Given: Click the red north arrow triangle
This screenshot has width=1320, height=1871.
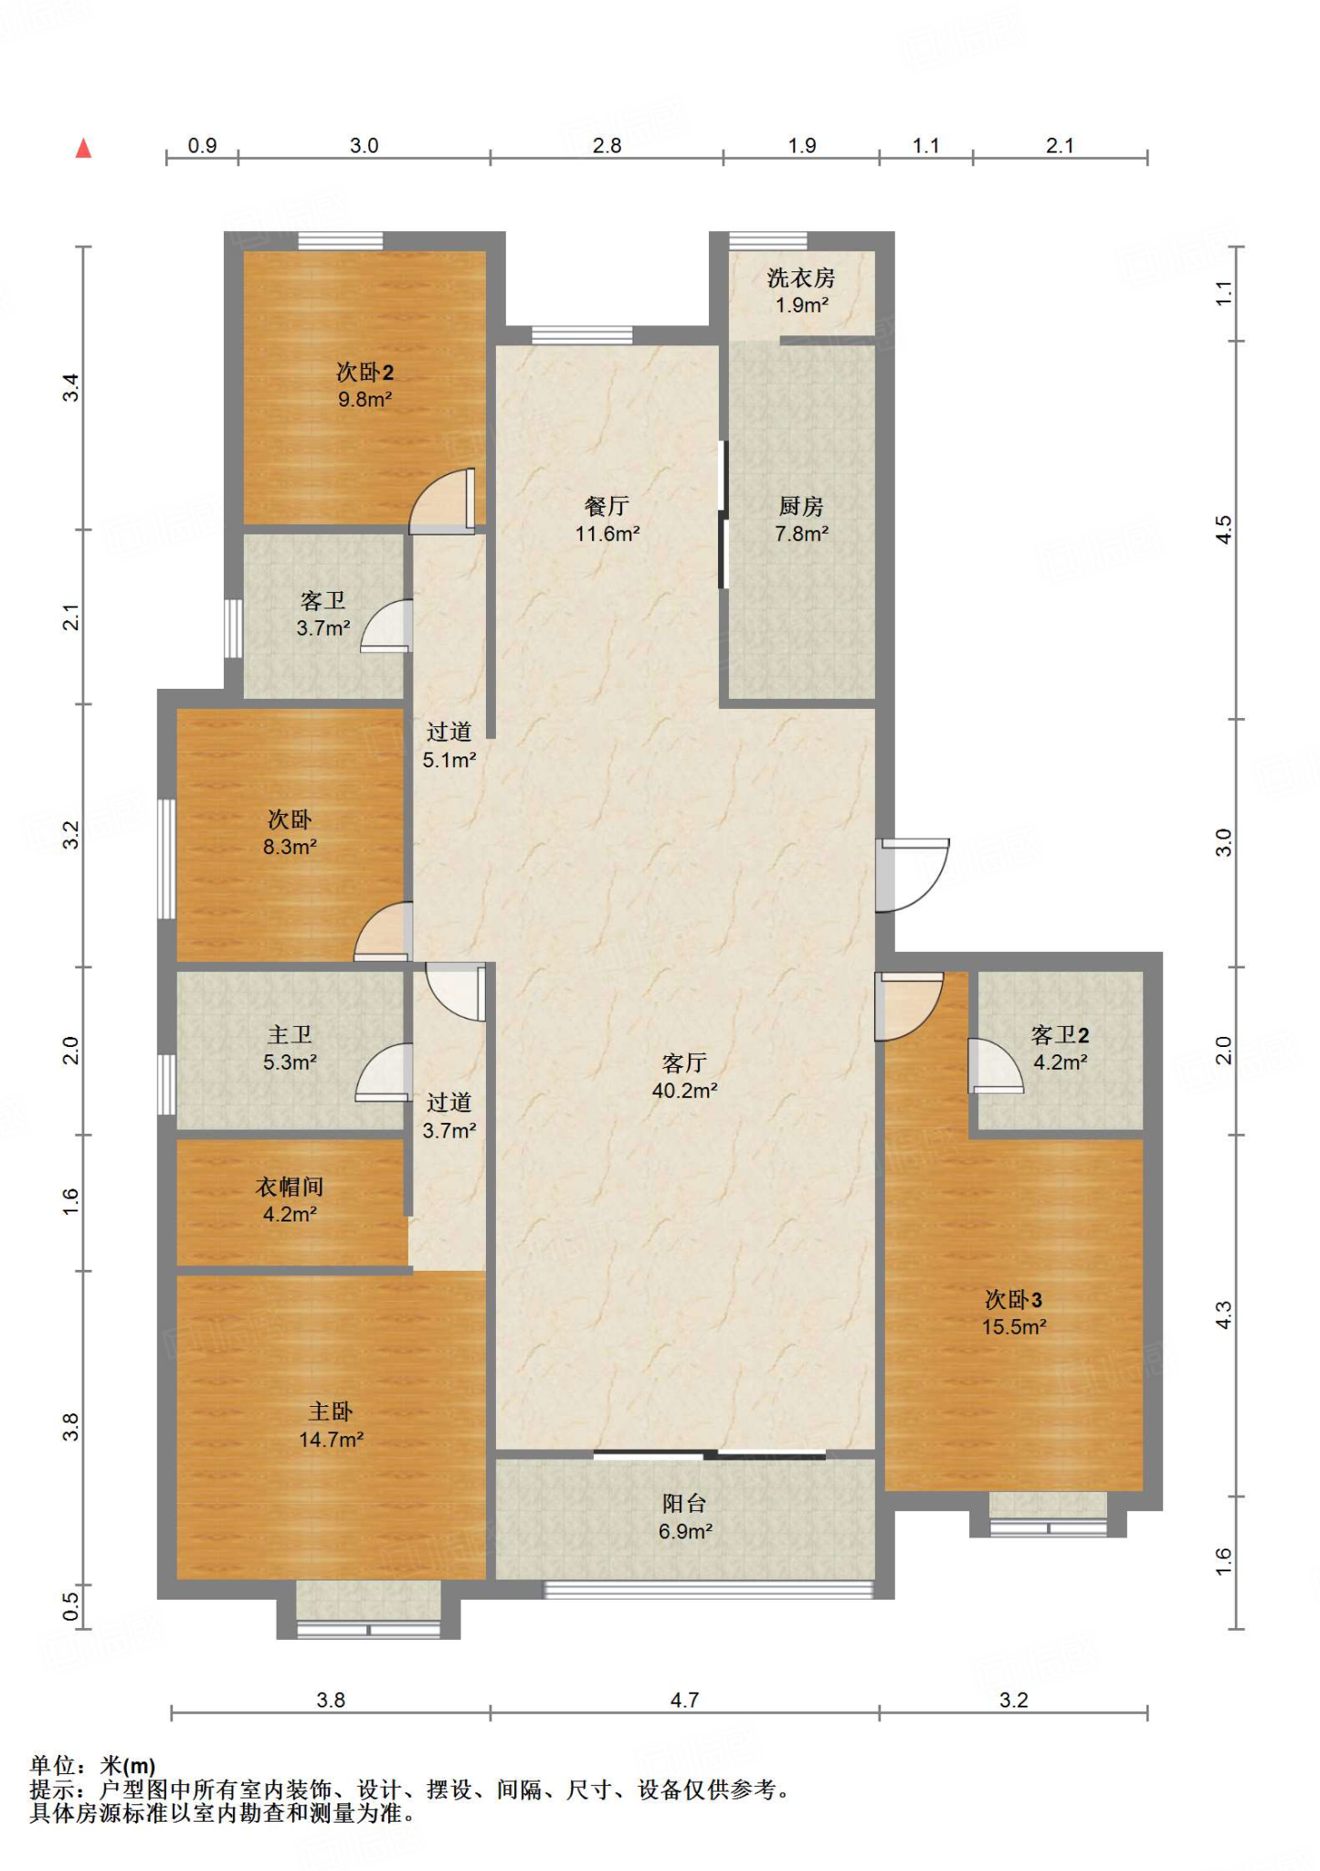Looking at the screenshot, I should click(x=83, y=148).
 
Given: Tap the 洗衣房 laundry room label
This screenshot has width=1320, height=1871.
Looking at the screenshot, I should click(x=801, y=291).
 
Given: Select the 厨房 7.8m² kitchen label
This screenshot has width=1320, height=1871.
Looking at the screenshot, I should click(x=801, y=519).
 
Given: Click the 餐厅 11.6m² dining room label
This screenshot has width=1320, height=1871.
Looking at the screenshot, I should click(x=607, y=519).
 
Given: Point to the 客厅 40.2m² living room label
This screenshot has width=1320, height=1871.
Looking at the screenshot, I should click(x=684, y=1075).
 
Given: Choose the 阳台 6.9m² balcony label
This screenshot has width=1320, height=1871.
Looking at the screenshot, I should click(x=684, y=1517).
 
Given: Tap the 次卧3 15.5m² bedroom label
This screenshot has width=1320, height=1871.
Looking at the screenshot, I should click(x=1013, y=1313).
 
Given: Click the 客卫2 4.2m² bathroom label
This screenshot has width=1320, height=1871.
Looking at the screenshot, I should click(x=1060, y=1048).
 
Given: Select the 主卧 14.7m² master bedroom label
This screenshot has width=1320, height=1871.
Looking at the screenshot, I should click(x=331, y=1425).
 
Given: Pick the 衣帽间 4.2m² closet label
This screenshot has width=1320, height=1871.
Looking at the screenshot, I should click(x=290, y=1200).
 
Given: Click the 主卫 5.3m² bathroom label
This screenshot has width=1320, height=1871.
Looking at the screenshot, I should click(x=290, y=1048).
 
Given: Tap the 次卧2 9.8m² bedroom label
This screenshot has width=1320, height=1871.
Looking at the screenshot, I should click(x=364, y=385).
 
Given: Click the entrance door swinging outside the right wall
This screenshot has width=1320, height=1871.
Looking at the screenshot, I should click(x=913, y=874).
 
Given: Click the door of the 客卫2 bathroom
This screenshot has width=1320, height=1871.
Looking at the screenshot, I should click(x=994, y=1066).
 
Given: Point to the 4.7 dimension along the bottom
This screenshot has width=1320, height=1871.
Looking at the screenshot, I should click(x=684, y=1699).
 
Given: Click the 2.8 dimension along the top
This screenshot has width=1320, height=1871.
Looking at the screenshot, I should click(x=607, y=145).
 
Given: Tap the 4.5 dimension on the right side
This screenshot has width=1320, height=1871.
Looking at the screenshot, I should click(x=1224, y=529).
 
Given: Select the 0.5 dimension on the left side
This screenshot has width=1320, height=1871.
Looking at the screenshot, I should click(x=71, y=1605).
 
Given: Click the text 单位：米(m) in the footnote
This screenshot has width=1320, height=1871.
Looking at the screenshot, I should click(x=92, y=1766).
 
